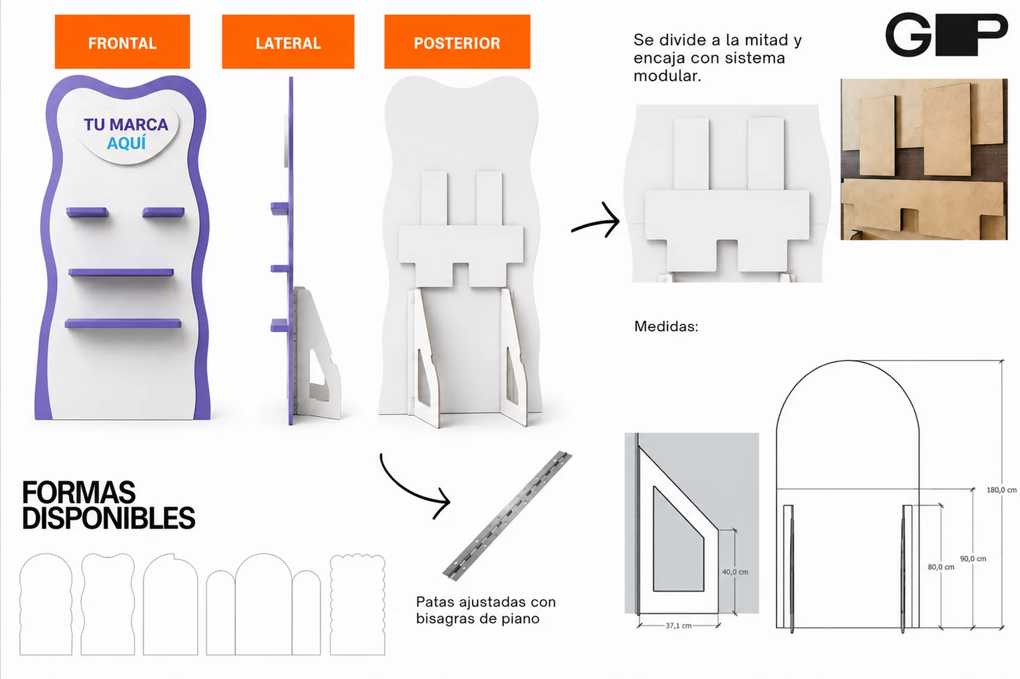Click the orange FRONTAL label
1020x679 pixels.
click(122, 42)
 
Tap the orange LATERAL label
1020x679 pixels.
click(288, 42)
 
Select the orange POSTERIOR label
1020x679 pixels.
click(457, 42)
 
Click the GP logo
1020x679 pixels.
click(947, 34)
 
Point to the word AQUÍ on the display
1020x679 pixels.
click(126, 143)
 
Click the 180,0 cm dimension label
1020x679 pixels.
click(1001, 490)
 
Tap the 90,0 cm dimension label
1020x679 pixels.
click(973, 559)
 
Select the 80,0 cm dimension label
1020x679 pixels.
click(941, 567)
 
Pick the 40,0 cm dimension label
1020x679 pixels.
click(735, 572)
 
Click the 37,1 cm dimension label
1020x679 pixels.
click(678, 625)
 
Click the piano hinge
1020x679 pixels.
click(507, 516)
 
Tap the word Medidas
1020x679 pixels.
click(666, 326)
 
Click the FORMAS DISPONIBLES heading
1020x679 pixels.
click(108, 505)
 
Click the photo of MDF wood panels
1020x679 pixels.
click(924, 159)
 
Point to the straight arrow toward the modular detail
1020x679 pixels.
click(596, 223)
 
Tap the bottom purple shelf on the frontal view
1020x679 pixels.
click(123, 323)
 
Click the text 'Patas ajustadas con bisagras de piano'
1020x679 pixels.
click(486, 610)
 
